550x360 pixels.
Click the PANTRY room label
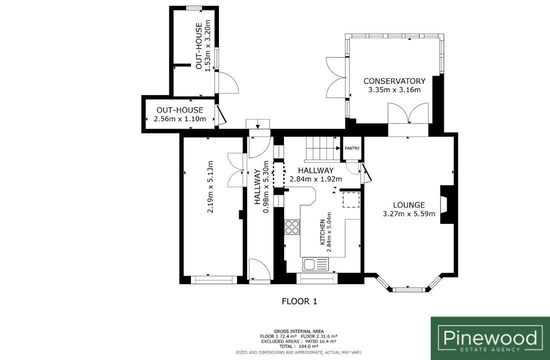(352, 148)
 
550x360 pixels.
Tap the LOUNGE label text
(408, 205)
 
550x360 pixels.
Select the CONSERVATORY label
(394, 81)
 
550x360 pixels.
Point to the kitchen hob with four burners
(292, 227)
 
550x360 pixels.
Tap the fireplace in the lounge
(444, 204)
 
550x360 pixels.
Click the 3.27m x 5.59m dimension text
(408, 213)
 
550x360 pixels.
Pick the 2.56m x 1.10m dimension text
(180, 119)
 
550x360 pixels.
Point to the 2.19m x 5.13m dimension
(210, 186)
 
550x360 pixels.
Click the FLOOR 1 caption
(299, 301)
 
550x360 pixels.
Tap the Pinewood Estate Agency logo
(490, 338)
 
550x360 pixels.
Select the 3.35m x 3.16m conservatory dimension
(394, 90)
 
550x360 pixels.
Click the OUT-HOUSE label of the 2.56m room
(180, 110)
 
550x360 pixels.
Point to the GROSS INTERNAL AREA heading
(299, 331)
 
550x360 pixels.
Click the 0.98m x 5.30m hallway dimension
(266, 187)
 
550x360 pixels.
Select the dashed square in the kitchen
(351, 199)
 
